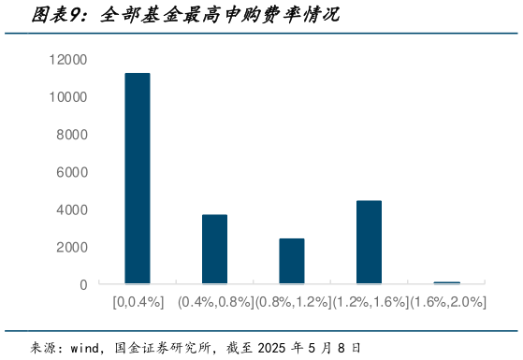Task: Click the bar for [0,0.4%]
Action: (x=138, y=179)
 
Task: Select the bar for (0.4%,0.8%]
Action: (x=214, y=250)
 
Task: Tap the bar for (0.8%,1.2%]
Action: (x=292, y=261)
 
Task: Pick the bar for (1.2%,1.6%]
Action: (x=369, y=242)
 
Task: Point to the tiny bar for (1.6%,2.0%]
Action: (x=446, y=282)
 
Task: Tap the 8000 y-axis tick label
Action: (x=72, y=135)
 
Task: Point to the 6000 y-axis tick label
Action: (x=72, y=172)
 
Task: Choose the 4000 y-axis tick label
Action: (x=72, y=209)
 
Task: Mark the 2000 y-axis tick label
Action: (x=72, y=247)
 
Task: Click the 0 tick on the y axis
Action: (x=83, y=284)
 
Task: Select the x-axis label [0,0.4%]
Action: (x=138, y=302)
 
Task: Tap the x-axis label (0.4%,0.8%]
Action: (x=214, y=302)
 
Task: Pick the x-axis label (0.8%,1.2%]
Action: (x=292, y=302)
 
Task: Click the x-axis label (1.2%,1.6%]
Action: (x=369, y=302)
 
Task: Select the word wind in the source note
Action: (x=86, y=348)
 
